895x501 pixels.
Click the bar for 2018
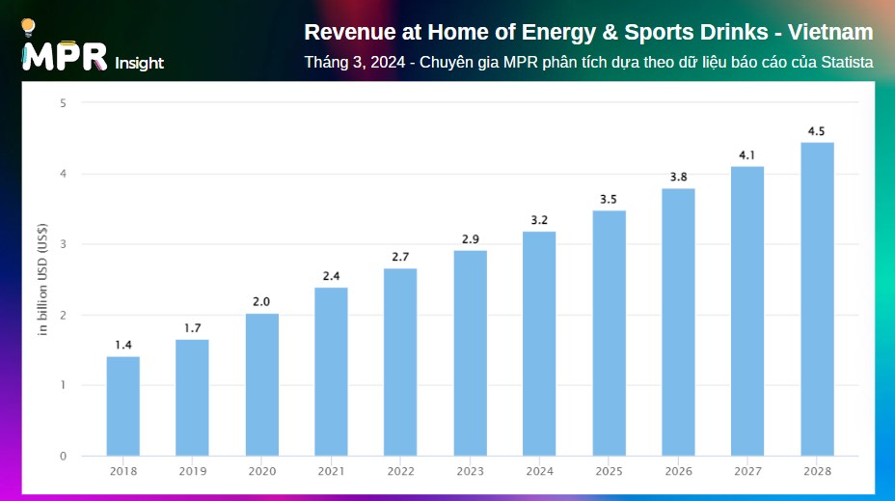click(x=122, y=405)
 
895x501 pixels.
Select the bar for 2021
click(x=331, y=371)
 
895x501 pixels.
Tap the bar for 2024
click(x=539, y=343)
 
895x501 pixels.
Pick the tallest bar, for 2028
click(x=817, y=298)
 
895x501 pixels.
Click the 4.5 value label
click(x=817, y=130)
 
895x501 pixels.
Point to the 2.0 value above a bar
click(x=261, y=302)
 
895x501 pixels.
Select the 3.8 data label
click(x=678, y=177)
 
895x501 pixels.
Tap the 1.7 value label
click(x=192, y=328)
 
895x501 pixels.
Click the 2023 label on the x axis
click(x=470, y=471)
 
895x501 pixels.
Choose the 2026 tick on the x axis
click(x=678, y=471)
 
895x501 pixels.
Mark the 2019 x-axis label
click(x=192, y=471)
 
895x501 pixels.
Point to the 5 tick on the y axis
click(x=63, y=102)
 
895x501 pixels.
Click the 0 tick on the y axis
click(x=63, y=456)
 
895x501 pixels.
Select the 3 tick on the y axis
click(x=63, y=244)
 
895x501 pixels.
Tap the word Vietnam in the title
click(x=830, y=32)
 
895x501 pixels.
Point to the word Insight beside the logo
click(x=139, y=64)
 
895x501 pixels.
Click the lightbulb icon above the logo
click(x=28, y=28)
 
